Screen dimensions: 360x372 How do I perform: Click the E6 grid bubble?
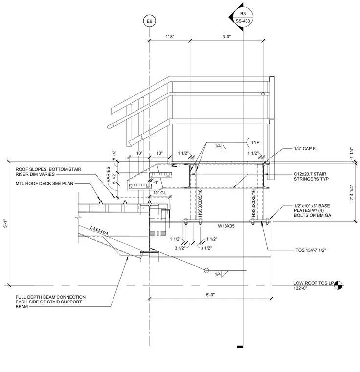click(149, 21)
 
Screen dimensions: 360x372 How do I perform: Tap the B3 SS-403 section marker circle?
click(243, 17)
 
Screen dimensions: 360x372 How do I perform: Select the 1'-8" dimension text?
click(170, 37)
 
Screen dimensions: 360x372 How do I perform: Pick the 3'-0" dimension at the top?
click(226, 37)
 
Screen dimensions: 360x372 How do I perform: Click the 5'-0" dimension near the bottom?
click(210, 295)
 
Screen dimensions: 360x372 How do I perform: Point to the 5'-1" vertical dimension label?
click(5, 223)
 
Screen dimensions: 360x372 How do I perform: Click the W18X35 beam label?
click(226, 226)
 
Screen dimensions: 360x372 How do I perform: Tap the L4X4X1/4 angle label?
click(99, 231)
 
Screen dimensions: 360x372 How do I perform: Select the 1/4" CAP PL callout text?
click(306, 149)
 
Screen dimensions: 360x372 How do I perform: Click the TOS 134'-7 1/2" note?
click(311, 250)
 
